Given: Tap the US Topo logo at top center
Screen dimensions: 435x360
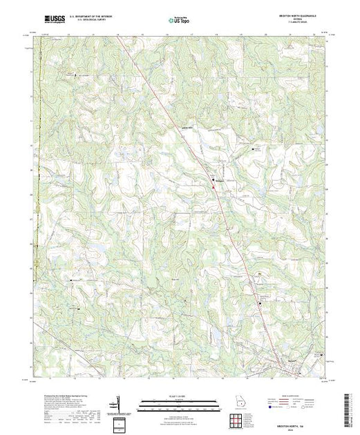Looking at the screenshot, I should click(180, 20).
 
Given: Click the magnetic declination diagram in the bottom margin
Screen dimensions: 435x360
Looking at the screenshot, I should click(119, 403).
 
